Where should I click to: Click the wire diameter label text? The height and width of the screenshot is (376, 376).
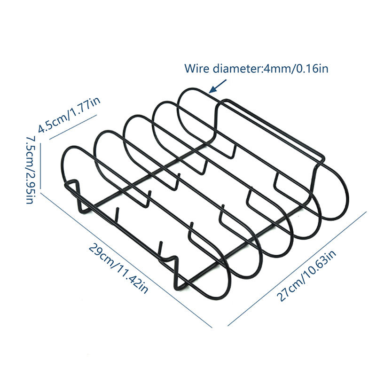pyautogui.click(x=256, y=69)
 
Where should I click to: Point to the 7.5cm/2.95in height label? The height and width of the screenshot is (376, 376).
pyautogui.click(x=29, y=169)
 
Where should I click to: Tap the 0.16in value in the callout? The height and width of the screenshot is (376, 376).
pyautogui.click(x=313, y=69)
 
